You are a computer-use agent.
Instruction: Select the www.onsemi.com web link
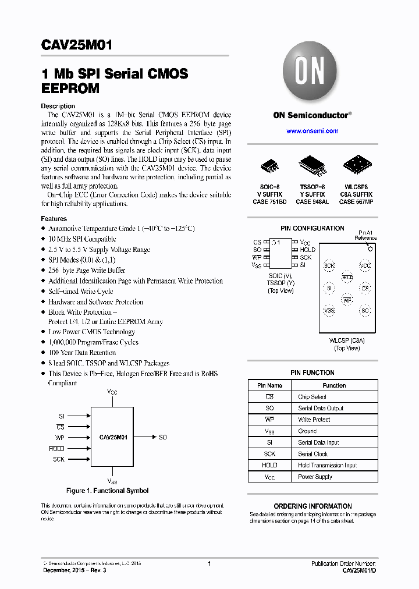click(312, 131)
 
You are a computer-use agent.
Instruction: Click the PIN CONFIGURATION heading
click(312, 228)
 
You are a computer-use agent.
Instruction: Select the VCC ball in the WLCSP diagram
click(365, 266)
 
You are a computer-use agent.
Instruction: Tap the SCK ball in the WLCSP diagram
click(329, 266)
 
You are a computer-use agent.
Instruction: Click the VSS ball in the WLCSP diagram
click(329, 311)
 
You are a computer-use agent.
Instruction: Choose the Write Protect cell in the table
click(314, 420)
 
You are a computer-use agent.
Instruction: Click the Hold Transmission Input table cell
click(327, 465)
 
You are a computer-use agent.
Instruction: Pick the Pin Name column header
click(269, 385)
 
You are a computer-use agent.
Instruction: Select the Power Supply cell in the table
click(315, 477)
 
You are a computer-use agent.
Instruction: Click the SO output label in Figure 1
click(163, 437)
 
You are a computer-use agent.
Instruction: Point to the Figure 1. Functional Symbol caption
click(107, 491)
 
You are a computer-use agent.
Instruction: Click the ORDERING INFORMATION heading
click(313, 506)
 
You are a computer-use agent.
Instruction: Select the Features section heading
click(54, 219)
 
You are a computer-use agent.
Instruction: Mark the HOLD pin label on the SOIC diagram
click(307, 250)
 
